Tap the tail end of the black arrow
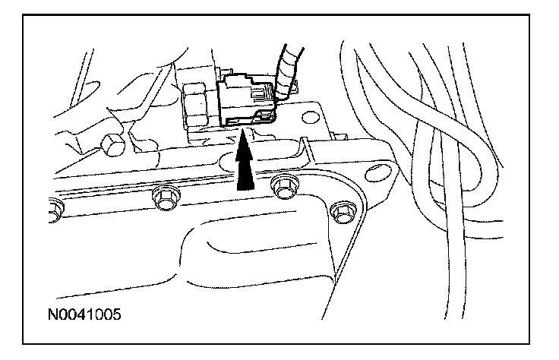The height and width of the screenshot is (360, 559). tap(244, 185)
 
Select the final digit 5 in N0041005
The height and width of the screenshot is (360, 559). tap(119, 312)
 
